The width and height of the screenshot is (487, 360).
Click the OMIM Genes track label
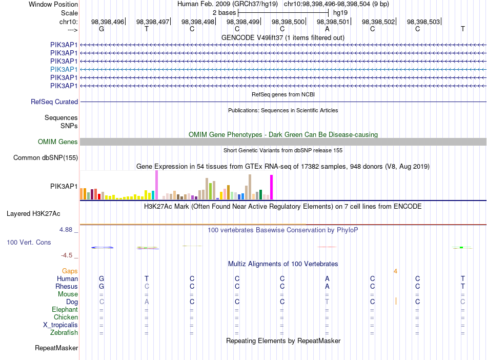click(58, 142)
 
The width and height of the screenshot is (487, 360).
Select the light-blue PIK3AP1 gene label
click(64, 69)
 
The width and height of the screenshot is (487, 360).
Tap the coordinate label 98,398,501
click(333, 22)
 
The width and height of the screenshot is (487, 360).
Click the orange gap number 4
click(395, 271)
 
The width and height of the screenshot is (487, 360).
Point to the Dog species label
click(72, 302)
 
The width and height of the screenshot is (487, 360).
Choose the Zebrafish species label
click(64, 333)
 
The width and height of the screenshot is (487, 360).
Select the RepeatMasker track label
click(56, 348)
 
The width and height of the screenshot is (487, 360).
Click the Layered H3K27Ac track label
click(33, 214)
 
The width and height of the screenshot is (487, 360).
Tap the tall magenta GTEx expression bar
click(272, 187)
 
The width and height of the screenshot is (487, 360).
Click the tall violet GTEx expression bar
click(156, 185)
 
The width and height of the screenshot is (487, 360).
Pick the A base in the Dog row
click(147, 302)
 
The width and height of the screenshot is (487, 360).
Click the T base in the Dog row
click(327, 302)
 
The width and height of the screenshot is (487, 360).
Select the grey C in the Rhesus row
click(147, 286)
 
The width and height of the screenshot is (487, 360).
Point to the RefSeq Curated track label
click(54, 102)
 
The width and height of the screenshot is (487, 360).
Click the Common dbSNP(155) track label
click(46, 158)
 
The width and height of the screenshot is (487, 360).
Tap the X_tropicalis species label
click(60, 325)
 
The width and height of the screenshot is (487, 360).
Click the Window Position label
click(53, 4)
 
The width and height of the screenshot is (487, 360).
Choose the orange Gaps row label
click(70, 271)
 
